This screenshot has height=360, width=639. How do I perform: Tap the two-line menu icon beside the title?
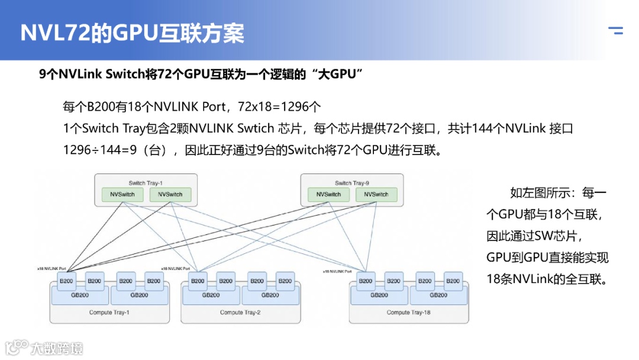point(615,31)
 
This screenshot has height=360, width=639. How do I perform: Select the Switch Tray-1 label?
point(145,183)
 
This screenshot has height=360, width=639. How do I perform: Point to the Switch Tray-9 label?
point(352,183)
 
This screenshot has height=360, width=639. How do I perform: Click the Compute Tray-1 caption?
point(109,312)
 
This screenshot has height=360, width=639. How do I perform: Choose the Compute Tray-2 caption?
point(240,312)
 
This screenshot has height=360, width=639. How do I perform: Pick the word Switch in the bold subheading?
point(124,75)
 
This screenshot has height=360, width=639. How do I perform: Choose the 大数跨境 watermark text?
point(57,348)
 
